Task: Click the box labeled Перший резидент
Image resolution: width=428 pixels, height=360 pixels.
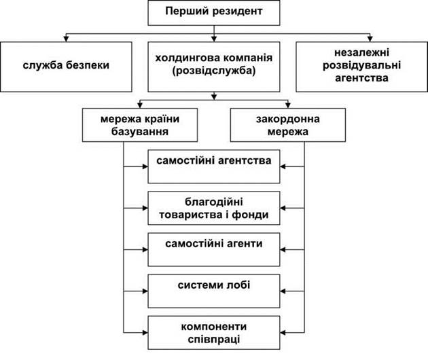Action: (x=214, y=13)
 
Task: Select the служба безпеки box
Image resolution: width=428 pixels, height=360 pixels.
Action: (x=66, y=67)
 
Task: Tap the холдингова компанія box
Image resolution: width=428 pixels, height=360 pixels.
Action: (x=214, y=67)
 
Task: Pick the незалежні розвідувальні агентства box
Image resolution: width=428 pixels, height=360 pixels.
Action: (x=361, y=67)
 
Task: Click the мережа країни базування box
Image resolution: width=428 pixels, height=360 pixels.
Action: (x=140, y=125)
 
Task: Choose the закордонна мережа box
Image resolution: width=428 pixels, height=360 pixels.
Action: (x=287, y=125)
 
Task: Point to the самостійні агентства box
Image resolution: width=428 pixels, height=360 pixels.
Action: (x=214, y=166)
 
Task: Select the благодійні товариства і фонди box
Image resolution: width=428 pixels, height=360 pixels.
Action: (x=214, y=208)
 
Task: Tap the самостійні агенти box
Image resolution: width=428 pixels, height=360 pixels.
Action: (x=214, y=249)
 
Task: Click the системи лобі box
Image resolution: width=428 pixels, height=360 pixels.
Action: (x=214, y=291)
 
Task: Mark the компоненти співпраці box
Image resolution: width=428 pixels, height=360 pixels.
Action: (x=214, y=332)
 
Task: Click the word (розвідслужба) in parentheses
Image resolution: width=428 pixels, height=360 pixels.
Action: (x=214, y=71)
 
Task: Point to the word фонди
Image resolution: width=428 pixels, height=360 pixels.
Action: (x=250, y=215)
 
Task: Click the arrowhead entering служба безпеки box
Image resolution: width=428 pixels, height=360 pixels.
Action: (x=66, y=39)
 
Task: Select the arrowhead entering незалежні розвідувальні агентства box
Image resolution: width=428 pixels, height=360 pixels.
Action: (x=370, y=39)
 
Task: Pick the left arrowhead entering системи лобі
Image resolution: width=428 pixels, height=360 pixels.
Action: (x=145, y=291)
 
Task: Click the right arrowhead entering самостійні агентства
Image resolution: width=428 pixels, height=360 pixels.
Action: (x=283, y=166)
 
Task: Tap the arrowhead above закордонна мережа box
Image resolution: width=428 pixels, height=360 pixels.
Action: (x=287, y=105)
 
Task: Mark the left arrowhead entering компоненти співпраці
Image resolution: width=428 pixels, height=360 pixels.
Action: (x=145, y=333)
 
